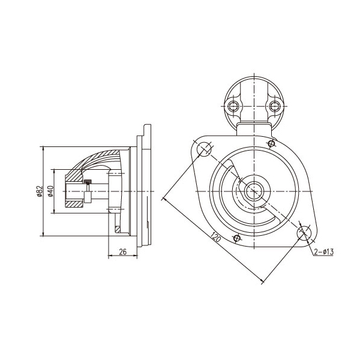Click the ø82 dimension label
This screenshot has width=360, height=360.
coord(40,191)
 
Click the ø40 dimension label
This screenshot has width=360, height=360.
coord(50,191)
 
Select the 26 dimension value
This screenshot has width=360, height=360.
coord(123,252)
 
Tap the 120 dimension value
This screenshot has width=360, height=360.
coord(216,237)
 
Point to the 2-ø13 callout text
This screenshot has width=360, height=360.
coord(324,252)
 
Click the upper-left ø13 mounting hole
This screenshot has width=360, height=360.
coord(204,149)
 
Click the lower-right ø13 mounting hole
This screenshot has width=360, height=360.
coord(304,233)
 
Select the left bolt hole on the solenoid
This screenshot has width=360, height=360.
coord(234,106)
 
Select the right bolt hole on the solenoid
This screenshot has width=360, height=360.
coord(274,106)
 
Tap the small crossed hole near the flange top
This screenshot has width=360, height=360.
coord(272,144)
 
